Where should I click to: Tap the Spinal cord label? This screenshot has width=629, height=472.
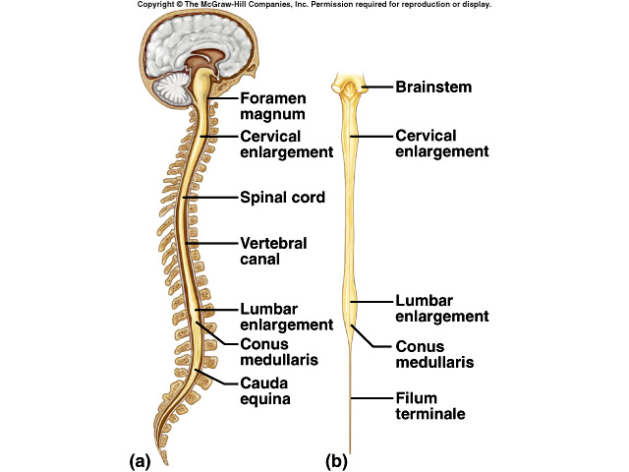[282, 198]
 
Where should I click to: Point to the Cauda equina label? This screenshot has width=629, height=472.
[265, 390]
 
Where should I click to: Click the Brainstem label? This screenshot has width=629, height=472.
[433, 88]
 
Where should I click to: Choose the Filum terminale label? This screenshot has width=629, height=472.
[429, 406]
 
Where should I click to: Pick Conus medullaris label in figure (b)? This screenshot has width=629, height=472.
[433, 354]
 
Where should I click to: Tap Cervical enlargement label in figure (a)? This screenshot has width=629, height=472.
[284, 144]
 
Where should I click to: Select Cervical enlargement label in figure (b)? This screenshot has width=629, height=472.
[441, 143]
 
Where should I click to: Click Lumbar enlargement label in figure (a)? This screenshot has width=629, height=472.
[284, 317]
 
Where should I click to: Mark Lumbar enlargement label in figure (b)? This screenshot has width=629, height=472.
[441, 308]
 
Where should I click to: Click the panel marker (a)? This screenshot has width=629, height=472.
[139, 459]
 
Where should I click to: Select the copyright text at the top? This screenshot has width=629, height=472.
[314, 5]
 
